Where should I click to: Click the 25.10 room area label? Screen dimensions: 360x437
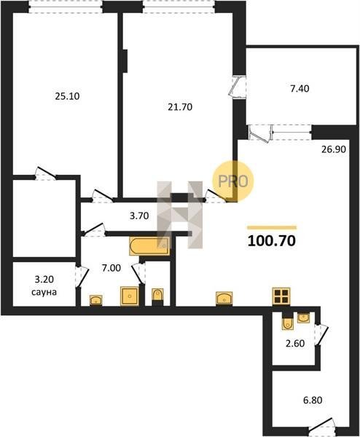tap(67, 96)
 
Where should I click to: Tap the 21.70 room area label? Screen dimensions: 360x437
tap(180, 107)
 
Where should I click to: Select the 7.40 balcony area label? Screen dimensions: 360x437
tap(300, 89)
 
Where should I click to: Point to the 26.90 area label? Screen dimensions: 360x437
tap(334, 149)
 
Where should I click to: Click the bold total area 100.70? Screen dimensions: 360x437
tap(272, 241)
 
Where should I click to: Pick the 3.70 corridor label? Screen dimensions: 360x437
tap(139, 216)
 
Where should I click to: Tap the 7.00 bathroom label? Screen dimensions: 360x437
tap(111, 268)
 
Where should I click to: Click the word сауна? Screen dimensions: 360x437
tap(44, 292)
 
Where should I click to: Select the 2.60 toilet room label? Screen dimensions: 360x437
tap(295, 343)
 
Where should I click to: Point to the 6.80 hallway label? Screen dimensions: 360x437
tap(313, 400)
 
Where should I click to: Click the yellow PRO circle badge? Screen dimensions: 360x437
tap(233, 181)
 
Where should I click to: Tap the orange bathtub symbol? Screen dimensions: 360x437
tap(149, 246)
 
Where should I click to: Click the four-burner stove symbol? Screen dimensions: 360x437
tap(281, 296)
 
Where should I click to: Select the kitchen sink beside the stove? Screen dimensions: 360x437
tap(224, 298)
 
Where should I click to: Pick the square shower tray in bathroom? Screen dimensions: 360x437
tap(130, 296)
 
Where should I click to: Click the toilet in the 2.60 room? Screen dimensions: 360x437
tap(287, 322)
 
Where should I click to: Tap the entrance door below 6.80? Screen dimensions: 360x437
tap(321, 425)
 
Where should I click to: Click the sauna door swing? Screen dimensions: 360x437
tap(82, 277)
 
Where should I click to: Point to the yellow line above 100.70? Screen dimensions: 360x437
tap(272, 228)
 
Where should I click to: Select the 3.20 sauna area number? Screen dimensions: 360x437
tap(44, 279)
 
